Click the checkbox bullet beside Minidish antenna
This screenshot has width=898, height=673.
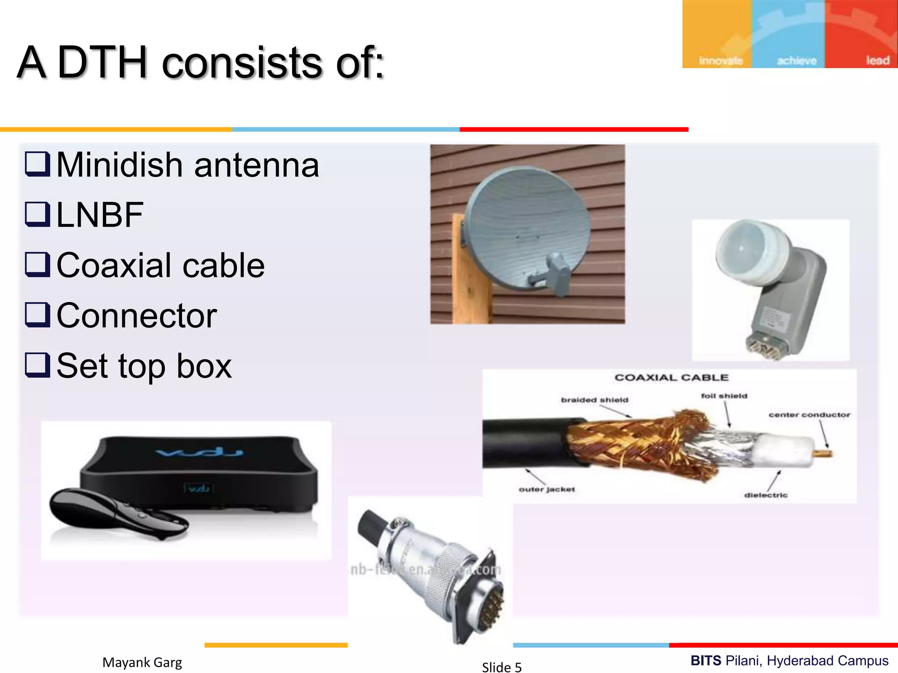37,164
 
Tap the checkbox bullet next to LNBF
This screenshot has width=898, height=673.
37,214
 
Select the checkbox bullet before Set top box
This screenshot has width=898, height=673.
37,365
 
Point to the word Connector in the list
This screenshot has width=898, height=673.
137,315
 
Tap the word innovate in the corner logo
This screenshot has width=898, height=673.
721,60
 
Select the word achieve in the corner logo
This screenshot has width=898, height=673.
797,60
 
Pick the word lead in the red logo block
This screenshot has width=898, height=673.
877,60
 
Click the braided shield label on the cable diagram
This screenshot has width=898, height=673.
595,400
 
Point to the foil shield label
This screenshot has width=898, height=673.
724,396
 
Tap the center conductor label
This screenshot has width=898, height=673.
809,414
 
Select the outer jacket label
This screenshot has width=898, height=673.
547,489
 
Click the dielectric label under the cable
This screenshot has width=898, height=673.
766,495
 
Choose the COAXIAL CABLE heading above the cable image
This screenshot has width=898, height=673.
671,377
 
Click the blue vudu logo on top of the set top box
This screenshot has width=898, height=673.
200,451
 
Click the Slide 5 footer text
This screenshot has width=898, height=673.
502,667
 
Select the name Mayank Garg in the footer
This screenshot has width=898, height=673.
142,662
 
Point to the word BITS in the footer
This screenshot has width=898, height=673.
706,660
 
